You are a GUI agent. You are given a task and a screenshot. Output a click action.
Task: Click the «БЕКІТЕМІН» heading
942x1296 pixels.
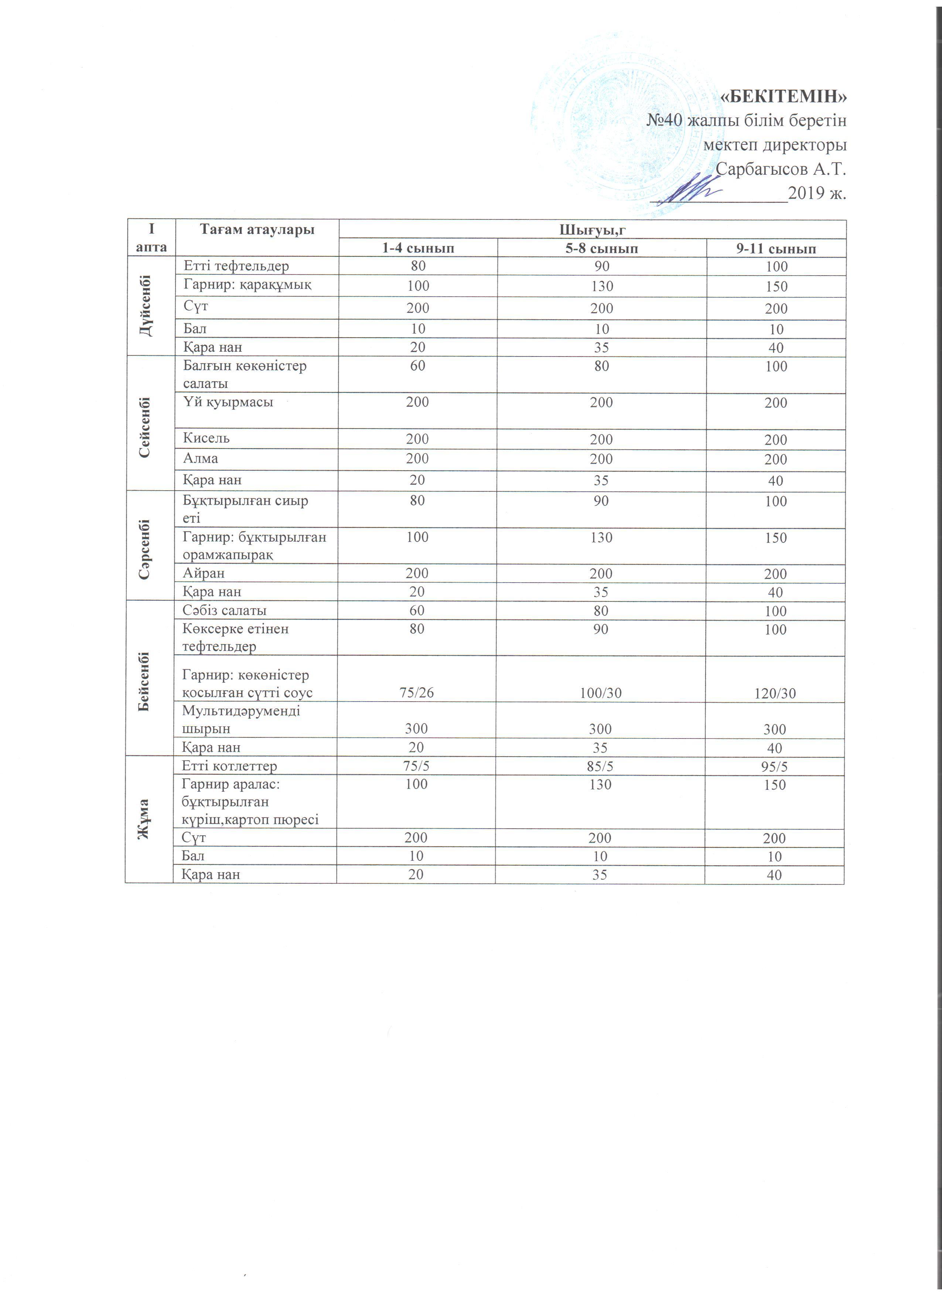783,97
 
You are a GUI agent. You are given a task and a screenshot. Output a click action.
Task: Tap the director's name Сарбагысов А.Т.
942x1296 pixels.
780,169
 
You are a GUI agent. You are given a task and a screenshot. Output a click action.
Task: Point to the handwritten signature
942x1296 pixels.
688,190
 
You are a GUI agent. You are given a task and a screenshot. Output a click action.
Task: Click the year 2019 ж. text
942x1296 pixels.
816,193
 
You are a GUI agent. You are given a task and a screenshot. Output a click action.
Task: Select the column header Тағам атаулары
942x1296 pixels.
257,230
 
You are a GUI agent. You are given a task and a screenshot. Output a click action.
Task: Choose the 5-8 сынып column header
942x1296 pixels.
601,249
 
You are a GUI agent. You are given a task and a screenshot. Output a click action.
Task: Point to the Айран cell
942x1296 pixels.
204,573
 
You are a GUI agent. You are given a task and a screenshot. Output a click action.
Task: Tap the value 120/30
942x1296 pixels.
775,693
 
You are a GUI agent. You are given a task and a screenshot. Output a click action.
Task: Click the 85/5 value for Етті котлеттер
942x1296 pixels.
600,766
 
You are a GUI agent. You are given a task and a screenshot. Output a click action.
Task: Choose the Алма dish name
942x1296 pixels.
201,458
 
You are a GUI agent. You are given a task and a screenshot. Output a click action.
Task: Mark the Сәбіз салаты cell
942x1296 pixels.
225,610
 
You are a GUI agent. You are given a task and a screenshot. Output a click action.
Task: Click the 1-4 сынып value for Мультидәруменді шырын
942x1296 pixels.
416,729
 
